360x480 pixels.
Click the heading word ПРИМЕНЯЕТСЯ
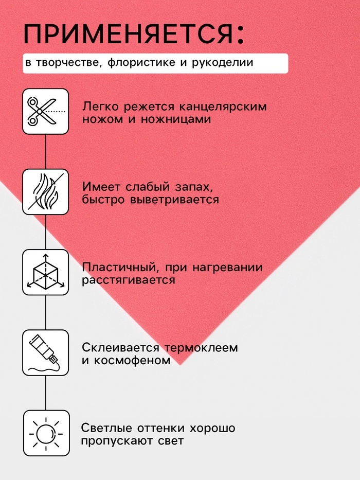129,33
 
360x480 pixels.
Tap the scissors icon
46,112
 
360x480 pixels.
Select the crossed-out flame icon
46,192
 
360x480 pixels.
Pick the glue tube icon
46,352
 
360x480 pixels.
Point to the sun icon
46,434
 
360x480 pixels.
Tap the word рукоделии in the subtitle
223,62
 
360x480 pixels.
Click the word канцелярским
223,107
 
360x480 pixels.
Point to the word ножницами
176,119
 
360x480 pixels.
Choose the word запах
194,187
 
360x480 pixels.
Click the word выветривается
174,200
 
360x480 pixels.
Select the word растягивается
129,280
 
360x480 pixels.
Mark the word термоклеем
201,348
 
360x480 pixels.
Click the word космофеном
132,360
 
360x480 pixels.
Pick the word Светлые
106,428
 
